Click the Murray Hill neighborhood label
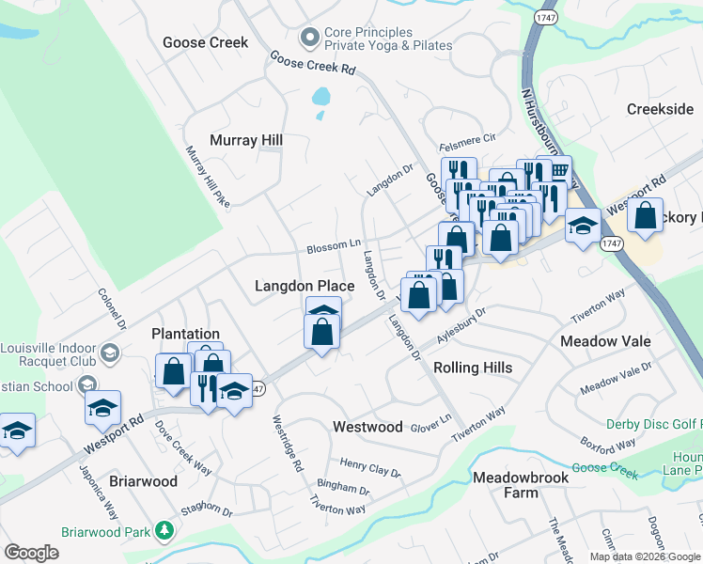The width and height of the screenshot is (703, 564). coord(246,140)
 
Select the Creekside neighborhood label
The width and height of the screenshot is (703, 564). coord(660,110)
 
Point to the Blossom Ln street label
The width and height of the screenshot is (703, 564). coord(334,247)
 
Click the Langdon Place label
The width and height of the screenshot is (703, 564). coord(305,286)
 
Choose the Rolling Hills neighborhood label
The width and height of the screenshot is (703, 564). coord(473,368)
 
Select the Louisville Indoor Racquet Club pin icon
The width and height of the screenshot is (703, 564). coord(109,353)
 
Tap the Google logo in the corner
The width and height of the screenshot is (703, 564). coord(31,553)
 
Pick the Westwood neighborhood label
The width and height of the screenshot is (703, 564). coord(368,427)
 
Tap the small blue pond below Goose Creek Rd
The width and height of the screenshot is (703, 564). coord(321,96)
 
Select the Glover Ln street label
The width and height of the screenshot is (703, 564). coord(431,425)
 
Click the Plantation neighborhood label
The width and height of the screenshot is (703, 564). coord(186,334)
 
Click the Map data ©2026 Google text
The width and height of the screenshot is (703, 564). coord(645,556)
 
